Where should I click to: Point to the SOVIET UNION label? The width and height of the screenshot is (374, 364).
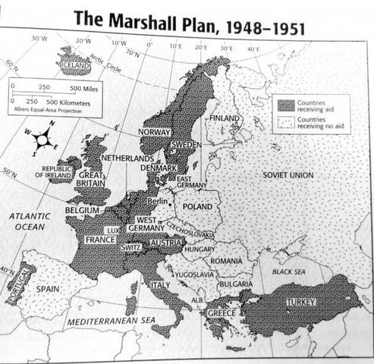(x=288, y=174)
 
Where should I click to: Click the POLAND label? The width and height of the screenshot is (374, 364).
(x=197, y=206)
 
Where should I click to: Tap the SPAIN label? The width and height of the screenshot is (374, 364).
(x=49, y=289)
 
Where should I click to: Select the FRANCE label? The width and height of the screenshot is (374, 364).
(x=100, y=239)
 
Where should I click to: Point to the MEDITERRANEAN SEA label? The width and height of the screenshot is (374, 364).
(x=111, y=321)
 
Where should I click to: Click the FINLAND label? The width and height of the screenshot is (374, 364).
(x=224, y=118)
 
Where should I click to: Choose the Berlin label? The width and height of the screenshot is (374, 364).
(x=158, y=202)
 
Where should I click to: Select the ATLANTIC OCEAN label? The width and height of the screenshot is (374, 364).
(x=30, y=221)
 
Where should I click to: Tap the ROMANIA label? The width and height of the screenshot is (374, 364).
(x=226, y=260)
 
